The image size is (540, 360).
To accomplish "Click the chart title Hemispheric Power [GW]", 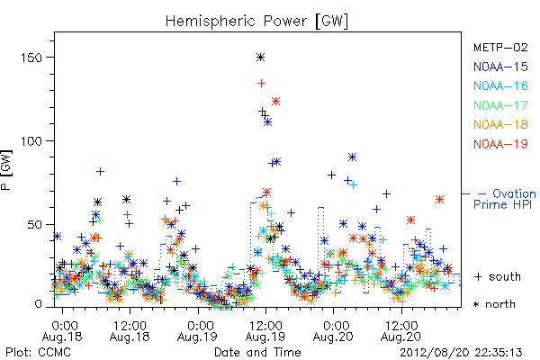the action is click(x=256, y=22).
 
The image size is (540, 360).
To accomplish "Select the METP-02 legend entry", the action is click(x=500, y=47).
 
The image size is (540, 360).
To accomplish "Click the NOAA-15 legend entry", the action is click(x=500, y=67).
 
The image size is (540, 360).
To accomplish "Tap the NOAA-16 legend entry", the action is click(x=500, y=85).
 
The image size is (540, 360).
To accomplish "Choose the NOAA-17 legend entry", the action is click(x=500, y=105).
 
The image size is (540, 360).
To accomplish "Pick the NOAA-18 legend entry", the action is click(x=500, y=124).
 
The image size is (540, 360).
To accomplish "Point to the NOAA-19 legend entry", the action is click(x=500, y=144).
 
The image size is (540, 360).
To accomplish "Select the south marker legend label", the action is click(x=498, y=276).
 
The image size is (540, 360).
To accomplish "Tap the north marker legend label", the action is click(x=494, y=304).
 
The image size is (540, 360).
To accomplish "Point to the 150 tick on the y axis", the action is click(x=31, y=58).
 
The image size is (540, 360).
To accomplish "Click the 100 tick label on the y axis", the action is click(x=31, y=141).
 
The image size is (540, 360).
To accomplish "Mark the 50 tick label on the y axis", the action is click(x=34, y=225).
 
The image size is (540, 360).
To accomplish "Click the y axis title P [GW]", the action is click(x=7, y=170).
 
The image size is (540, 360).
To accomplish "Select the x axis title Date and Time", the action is click(x=257, y=353).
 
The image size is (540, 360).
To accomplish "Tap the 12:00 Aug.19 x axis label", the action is click(x=265, y=331).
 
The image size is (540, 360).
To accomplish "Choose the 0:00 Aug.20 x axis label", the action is click(x=333, y=331).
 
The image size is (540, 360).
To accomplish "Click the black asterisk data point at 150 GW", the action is click(x=261, y=58).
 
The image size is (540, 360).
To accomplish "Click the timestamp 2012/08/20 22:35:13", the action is click(x=461, y=353).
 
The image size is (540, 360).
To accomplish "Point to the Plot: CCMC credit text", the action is click(x=38, y=353).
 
